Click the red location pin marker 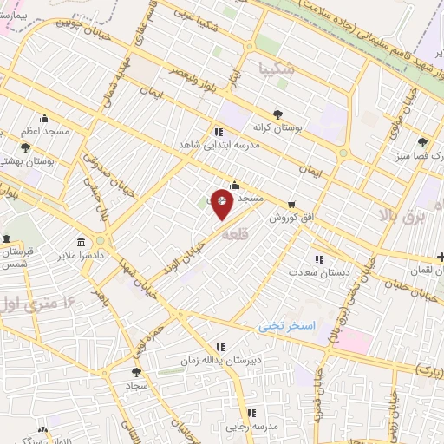(222, 204)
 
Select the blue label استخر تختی (290, 326)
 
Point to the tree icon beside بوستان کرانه (277, 114)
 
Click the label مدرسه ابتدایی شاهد (220, 146)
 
